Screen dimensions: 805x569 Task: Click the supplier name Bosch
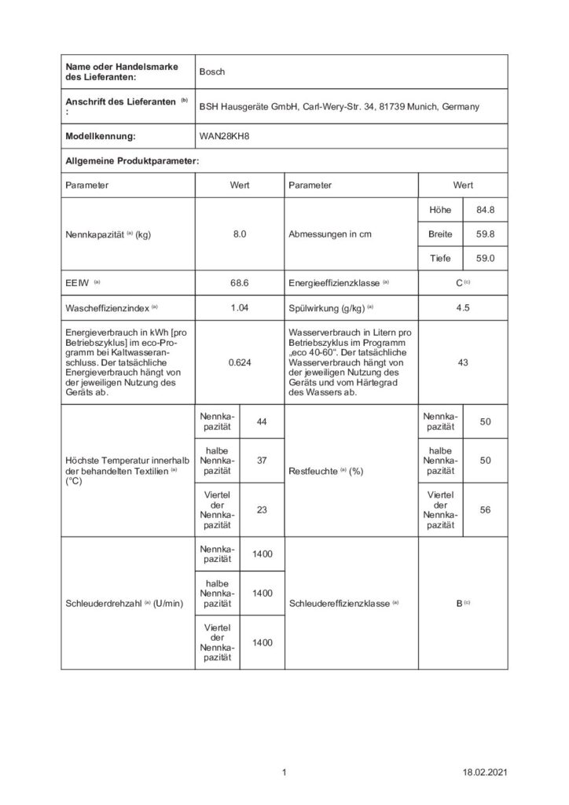coord(212,72)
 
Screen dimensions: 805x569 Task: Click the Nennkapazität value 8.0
coord(240,234)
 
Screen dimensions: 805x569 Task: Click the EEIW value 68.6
coord(240,281)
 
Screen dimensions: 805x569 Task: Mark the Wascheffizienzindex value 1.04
coord(240,307)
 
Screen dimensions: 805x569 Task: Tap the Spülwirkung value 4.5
coord(463,307)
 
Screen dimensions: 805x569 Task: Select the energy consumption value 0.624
coord(240,365)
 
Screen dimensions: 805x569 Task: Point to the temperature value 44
coord(262,423)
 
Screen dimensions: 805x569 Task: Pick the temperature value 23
coord(262,509)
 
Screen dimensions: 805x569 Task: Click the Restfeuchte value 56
coord(485,509)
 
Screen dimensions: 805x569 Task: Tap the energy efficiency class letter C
coord(460,281)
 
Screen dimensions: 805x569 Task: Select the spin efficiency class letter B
coord(460,604)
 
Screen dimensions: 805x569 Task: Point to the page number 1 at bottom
coord(284,774)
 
